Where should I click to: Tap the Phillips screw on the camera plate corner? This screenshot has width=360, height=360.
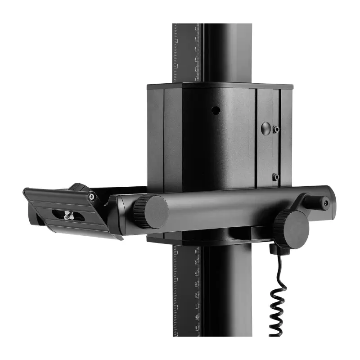[92, 196]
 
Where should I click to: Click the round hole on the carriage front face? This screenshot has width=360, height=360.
[216, 109]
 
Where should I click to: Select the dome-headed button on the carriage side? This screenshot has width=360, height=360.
[266, 128]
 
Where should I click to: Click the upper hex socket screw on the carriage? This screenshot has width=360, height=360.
[276, 130]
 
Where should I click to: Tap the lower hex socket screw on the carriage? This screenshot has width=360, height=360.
[276, 177]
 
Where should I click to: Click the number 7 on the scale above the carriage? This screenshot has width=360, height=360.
[195, 28]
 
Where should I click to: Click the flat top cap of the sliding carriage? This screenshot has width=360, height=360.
[220, 85]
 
